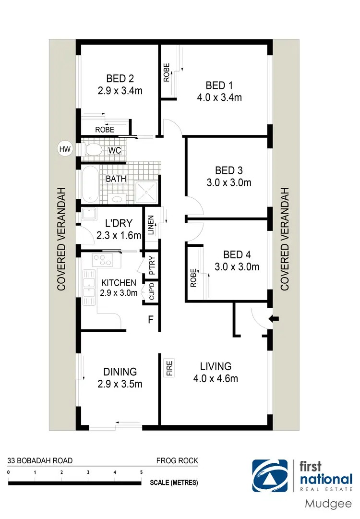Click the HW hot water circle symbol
coord(64,149)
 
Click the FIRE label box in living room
coord(169,368)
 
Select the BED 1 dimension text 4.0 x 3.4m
coord(219,98)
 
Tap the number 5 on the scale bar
coord(141,472)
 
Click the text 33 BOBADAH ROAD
coord(40,461)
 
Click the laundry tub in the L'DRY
coord(89,214)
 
